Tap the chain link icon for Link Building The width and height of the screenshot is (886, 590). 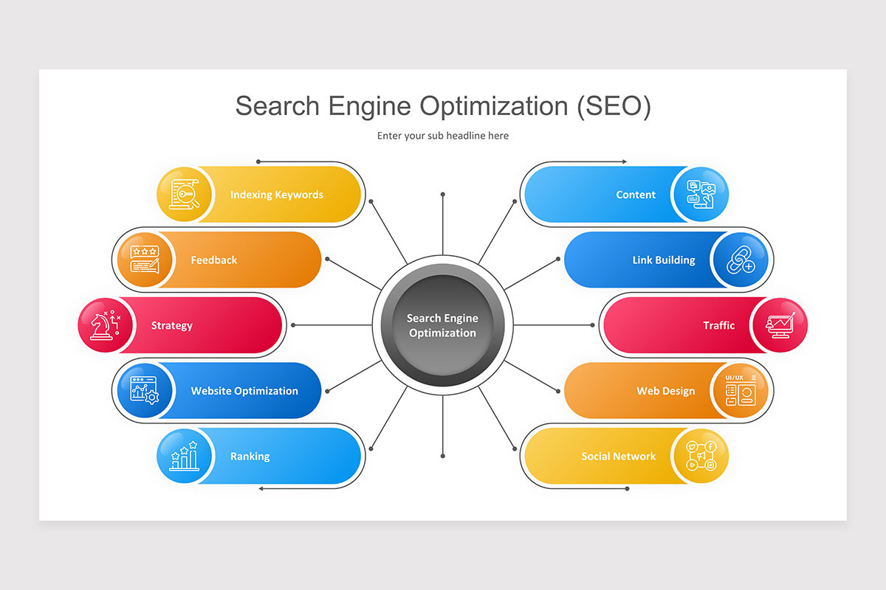(x=740, y=260)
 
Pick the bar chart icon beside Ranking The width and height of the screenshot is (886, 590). (x=185, y=457)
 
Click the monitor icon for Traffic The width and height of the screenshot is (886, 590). (x=780, y=325)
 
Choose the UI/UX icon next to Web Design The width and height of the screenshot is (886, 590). (x=740, y=391)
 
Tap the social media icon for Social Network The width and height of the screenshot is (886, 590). (x=701, y=457)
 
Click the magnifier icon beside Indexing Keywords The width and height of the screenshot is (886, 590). (x=185, y=195)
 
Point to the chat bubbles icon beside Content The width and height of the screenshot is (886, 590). (x=701, y=195)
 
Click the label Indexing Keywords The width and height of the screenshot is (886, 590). (x=277, y=195)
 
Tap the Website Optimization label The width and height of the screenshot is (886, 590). (x=244, y=391)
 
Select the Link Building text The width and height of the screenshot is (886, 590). (x=664, y=260)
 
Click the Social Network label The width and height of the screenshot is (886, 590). (x=618, y=457)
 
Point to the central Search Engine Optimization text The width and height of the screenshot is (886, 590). (x=442, y=325)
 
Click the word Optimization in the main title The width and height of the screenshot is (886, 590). (x=494, y=106)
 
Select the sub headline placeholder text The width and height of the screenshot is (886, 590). (x=442, y=136)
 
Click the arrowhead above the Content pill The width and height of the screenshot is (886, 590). (x=625, y=162)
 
